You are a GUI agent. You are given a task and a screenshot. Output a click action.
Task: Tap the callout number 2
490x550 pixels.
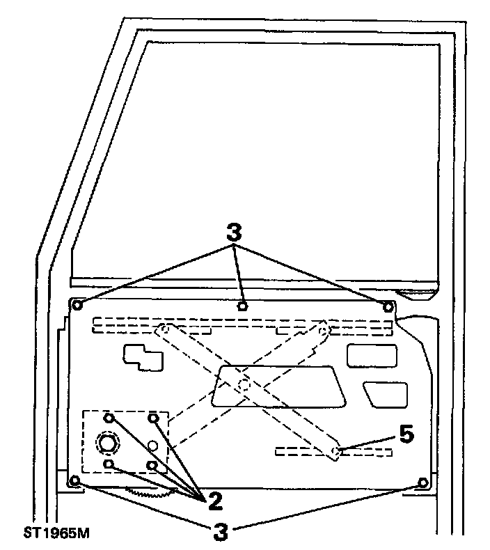pos(214,499)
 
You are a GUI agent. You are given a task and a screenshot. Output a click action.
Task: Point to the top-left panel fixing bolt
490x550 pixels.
pos(77,305)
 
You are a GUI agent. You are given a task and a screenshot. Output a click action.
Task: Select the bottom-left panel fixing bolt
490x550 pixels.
pos(76,481)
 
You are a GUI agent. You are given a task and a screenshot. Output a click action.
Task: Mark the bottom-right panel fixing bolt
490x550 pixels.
pos(422,482)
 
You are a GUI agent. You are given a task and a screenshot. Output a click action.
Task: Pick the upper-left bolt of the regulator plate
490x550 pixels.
pos(109,418)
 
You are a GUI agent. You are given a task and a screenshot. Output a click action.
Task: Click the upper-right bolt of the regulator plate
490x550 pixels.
pos(154,418)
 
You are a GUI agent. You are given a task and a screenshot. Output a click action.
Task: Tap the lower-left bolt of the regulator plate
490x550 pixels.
pos(108,464)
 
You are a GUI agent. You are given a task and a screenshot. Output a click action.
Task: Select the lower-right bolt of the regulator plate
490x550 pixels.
pos(152,464)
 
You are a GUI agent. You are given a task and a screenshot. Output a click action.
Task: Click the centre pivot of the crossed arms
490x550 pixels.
pos(242,384)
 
